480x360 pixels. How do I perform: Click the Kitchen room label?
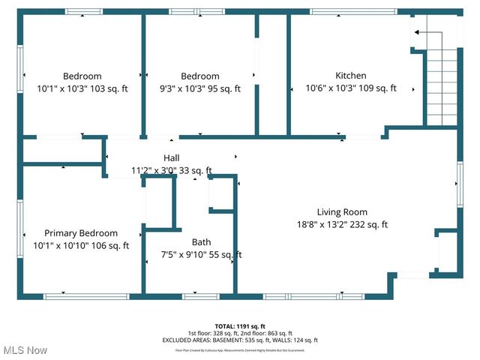click(350, 76)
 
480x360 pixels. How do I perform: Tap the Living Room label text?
click(342, 211)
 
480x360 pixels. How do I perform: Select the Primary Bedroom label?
click(81, 233)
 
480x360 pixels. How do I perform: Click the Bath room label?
click(201, 242)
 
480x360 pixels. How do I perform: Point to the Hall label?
click(172, 157)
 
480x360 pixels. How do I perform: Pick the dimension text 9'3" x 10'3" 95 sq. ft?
click(200, 88)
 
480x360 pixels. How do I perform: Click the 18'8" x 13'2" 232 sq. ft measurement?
click(342, 224)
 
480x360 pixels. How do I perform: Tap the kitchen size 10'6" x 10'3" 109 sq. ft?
click(350, 88)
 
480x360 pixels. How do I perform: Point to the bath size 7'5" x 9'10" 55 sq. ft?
click(201, 255)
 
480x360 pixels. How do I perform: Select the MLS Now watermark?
click(25, 350)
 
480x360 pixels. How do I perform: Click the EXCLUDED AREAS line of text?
click(240, 340)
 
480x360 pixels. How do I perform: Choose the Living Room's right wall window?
click(459, 184)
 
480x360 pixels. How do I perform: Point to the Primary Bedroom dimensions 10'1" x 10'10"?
click(81, 245)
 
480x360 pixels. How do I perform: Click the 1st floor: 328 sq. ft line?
click(240, 333)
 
